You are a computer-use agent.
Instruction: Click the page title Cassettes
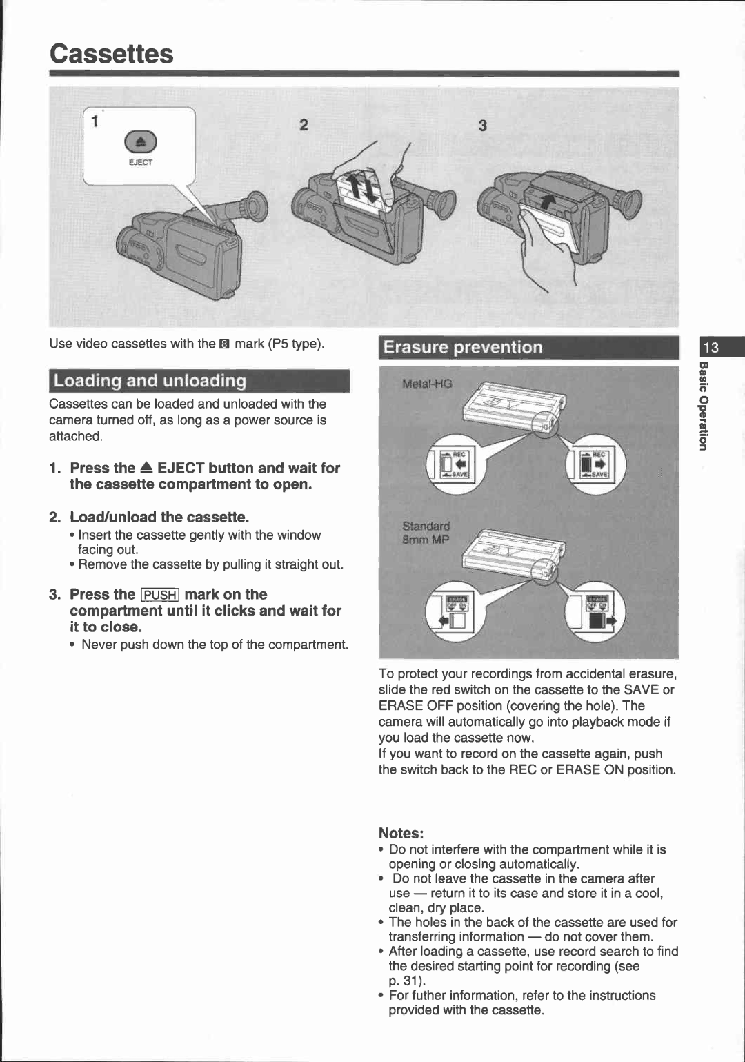click(x=111, y=54)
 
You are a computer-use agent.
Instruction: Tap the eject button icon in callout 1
click(x=141, y=142)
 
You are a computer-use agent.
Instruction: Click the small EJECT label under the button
click(x=140, y=163)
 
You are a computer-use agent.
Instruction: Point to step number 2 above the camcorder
click(x=304, y=125)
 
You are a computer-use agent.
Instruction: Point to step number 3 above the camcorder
click(x=483, y=126)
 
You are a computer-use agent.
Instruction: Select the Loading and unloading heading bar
click(x=199, y=381)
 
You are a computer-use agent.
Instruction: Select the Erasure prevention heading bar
click(x=528, y=347)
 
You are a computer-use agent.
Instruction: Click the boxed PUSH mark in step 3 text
click(x=160, y=596)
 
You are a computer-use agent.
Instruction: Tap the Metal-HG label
click(x=427, y=384)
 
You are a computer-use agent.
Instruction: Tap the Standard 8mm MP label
click(x=426, y=533)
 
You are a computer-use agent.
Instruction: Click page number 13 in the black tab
click(x=711, y=347)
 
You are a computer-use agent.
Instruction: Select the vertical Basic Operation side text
click(x=703, y=406)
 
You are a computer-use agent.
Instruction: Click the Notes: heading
click(x=400, y=833)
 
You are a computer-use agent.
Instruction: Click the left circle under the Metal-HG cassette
click(x=455, y=463)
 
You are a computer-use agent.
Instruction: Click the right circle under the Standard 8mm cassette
click(x=597, y=610)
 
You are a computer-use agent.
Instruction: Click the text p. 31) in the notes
click(x=407, y=981)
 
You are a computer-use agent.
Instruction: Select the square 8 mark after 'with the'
click(x=224, y=344)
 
